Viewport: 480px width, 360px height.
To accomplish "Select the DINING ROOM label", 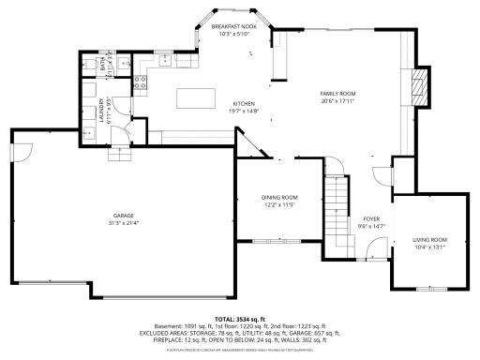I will (x=279, y=197).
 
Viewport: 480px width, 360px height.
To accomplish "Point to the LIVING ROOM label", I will (x=430, y=240).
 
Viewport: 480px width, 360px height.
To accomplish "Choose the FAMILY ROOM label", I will (x=337, y=95).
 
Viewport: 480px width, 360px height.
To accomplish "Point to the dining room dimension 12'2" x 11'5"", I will (x=279, y=203).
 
